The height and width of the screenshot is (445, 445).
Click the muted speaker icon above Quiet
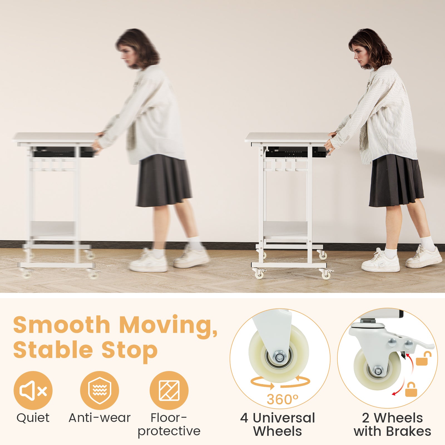tap(33, 390)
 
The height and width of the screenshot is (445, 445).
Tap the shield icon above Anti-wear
tap(99, 390)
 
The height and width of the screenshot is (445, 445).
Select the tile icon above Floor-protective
tap(169, 390)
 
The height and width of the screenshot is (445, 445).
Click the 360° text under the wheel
tap(282, 399)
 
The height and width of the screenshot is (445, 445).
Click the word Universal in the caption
tap(284, 418)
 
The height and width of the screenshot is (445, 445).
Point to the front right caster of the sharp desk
tap(325, 274)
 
